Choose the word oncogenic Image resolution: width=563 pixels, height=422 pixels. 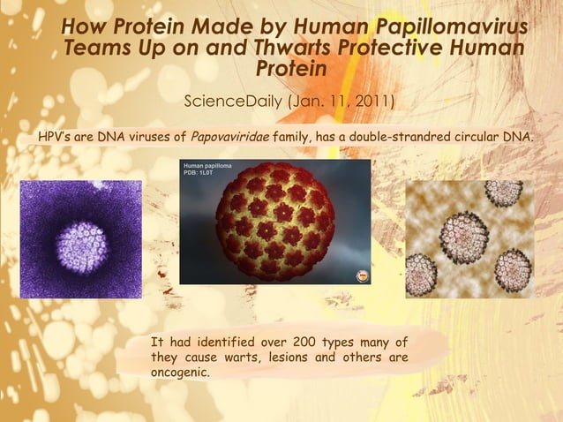click(180, 373)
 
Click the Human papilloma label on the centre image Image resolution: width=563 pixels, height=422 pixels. click(207, 165)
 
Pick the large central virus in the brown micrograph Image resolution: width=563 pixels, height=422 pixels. click(465, 237)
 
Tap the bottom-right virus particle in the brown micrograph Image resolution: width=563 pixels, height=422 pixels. click(512, 270)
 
